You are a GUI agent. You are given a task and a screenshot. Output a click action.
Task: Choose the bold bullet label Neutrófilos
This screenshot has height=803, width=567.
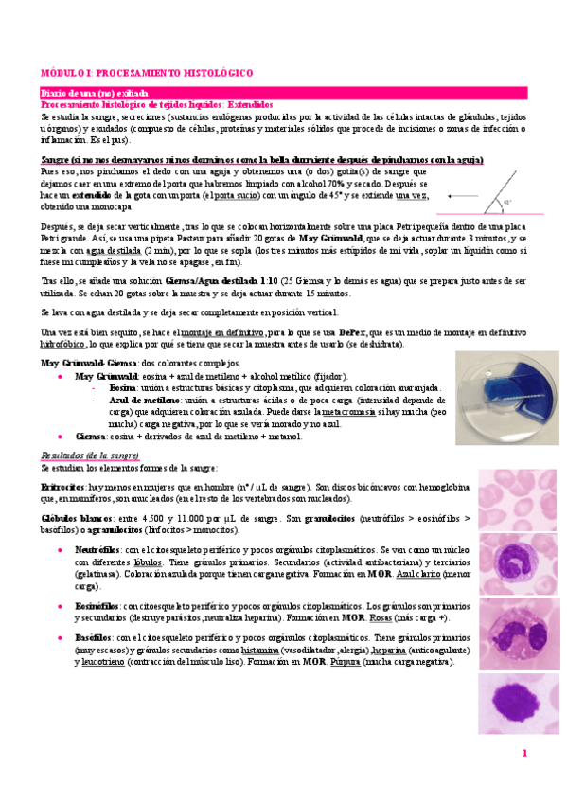tap(95, 549)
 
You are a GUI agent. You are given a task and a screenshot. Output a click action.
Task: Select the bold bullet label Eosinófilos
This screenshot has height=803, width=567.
tap(95, 606)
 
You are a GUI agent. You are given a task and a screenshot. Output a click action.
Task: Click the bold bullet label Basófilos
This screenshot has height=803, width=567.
tap(93, 639)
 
